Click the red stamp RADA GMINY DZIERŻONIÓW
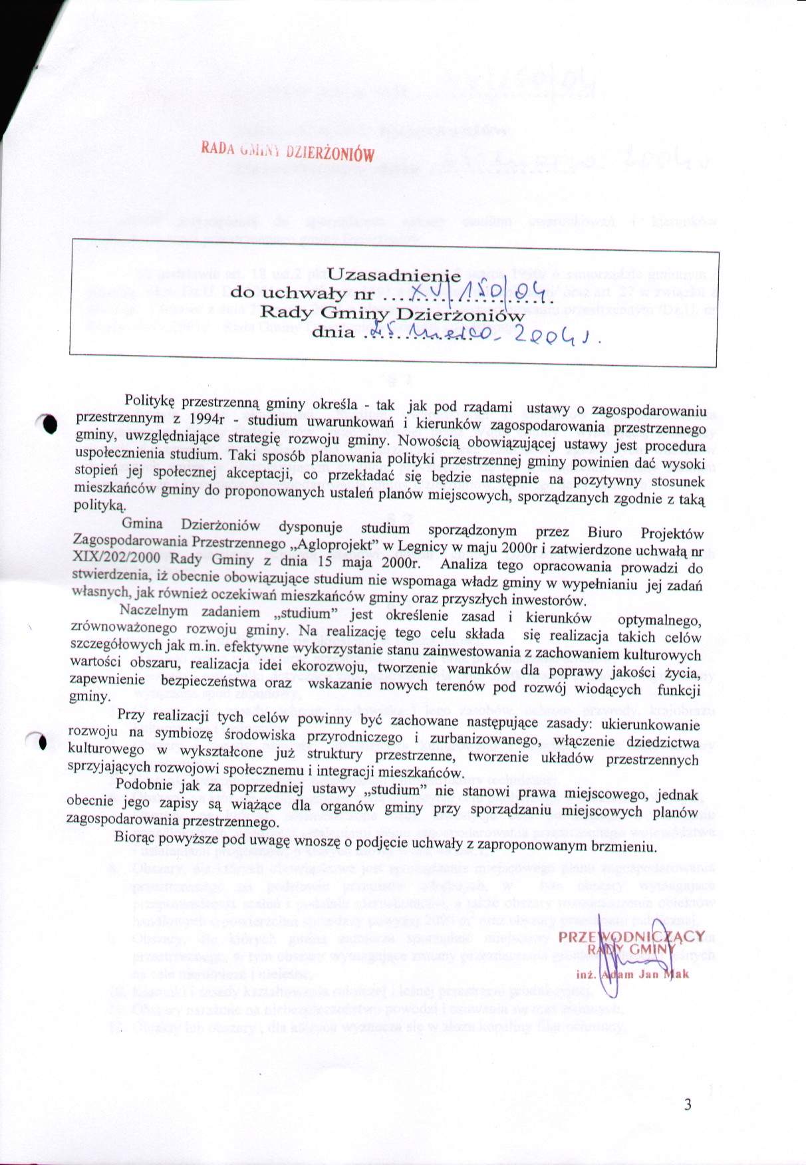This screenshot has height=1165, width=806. coord(287,150)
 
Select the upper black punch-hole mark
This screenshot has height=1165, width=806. coord(50,423)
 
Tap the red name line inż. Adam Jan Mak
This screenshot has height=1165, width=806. coord(632,974)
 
